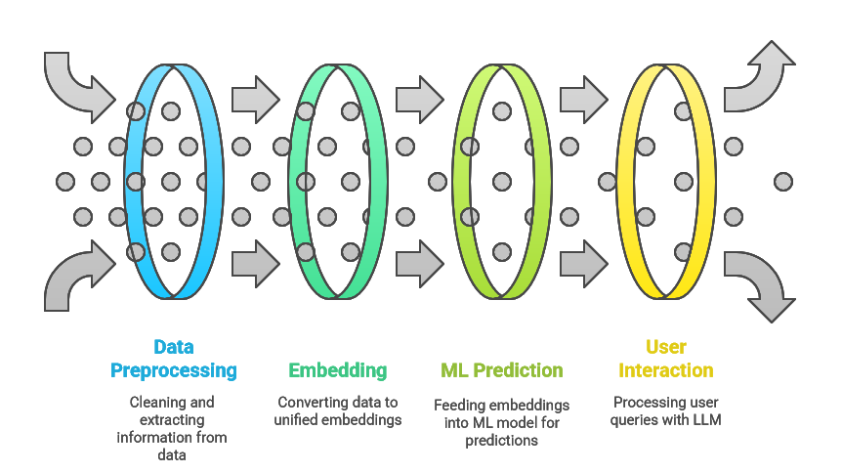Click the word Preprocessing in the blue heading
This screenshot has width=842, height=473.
(x=174, y=371)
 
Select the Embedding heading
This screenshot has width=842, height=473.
(x=338, y=370)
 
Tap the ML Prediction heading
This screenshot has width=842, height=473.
(x=501, y=370)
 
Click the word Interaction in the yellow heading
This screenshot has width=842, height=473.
(x=666, y=370)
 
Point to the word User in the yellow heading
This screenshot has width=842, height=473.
(x=666, y=347)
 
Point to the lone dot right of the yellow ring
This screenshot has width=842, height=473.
(x=783, y=182)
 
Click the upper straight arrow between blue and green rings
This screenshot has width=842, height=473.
(x=256, y=100)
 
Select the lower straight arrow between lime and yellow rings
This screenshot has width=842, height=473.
(x=584, y=264)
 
